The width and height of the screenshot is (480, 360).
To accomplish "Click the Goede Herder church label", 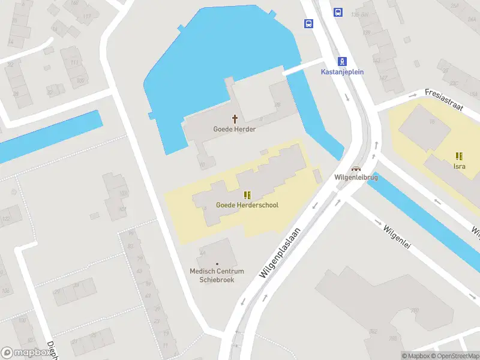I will click(x=235, y=129).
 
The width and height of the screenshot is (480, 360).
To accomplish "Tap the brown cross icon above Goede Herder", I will click(x=235, y=119).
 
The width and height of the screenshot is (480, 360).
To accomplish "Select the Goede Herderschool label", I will click(x=247, y=205).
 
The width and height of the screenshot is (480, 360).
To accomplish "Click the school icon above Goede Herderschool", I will click(x=247, y=195).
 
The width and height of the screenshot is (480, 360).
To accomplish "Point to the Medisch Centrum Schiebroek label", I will click(x=217, y=275).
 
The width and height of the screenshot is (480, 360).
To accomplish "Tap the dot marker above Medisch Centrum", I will click(x=217, y=264).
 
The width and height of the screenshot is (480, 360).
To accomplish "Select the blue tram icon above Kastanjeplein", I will click(x=342, y=61).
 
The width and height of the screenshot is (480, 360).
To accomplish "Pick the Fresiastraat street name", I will click(x=444, y=99).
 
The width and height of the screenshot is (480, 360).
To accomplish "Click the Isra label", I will click(x=460, y=166).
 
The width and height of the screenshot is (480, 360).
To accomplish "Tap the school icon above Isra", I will click(x=460, y=156).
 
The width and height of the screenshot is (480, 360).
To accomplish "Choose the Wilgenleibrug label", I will click(x=356, y=178).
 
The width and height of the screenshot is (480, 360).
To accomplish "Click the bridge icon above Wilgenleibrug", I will click(x=356, y=169).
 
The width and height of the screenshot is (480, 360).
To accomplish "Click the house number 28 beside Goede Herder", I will click(x=277, y=104).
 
